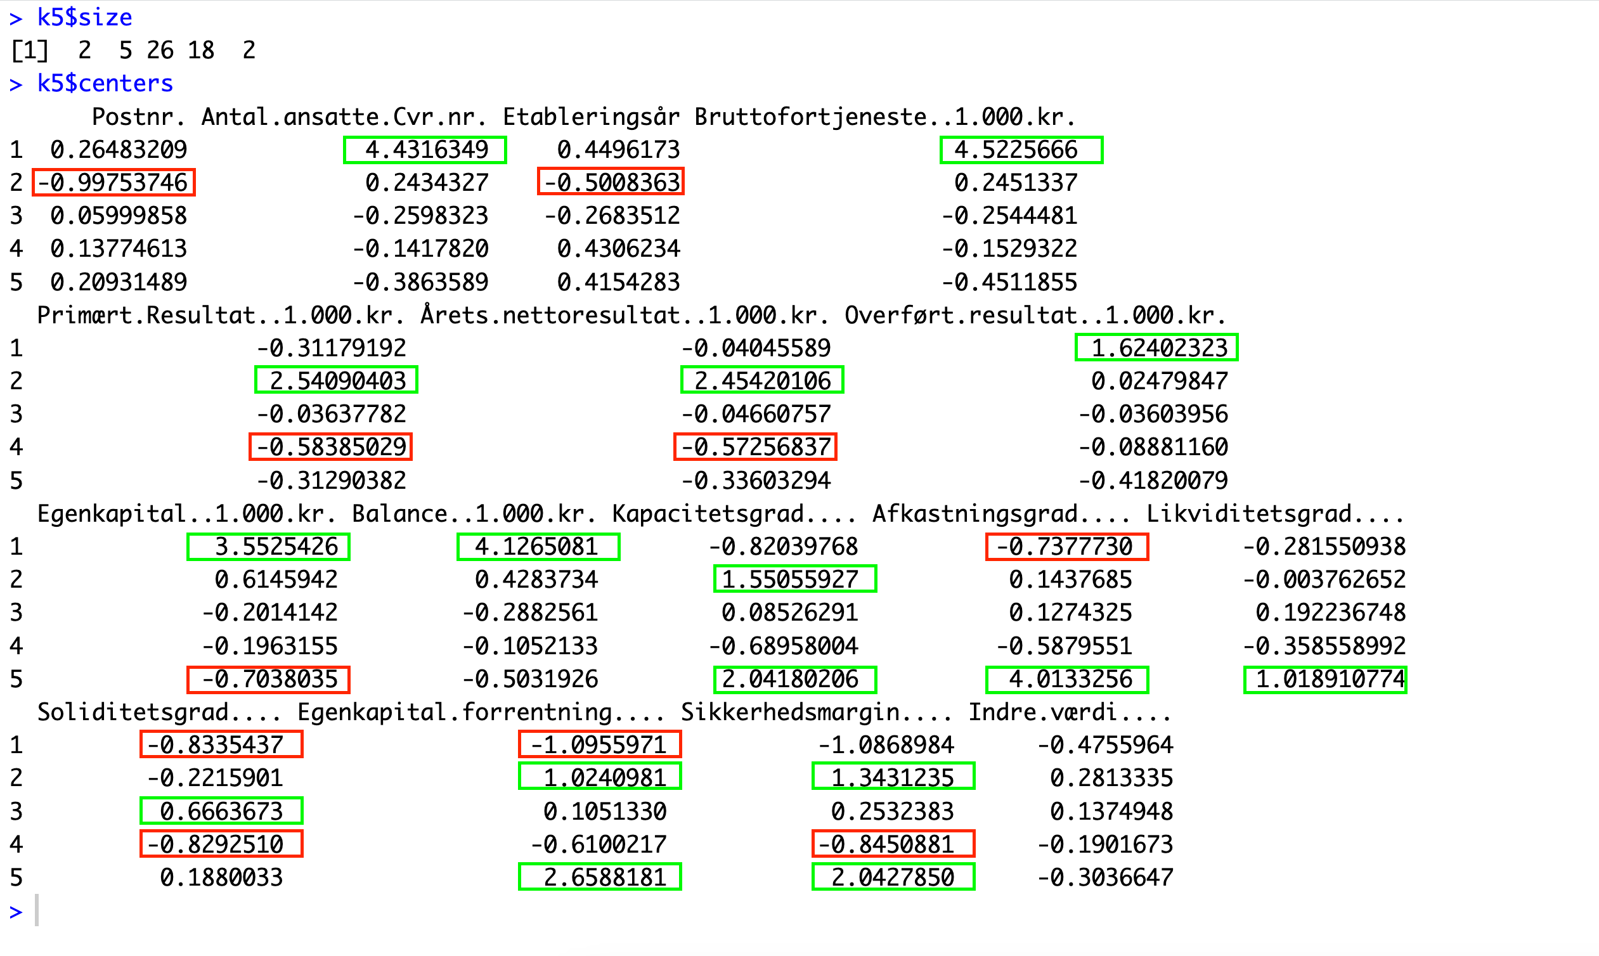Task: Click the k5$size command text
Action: [84, 17]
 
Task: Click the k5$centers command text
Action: [105, 84]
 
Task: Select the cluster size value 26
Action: [160, 50]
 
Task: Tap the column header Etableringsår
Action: [591, 117]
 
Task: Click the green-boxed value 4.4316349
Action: [425, 150]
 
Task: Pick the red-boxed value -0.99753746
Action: [113, 183]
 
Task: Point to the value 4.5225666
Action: [1021, 150]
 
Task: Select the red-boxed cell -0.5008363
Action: [611, 183]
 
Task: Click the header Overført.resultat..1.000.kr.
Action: [1035, 315]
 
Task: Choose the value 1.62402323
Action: [1156, 348]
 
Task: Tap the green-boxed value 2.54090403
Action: [336, 380]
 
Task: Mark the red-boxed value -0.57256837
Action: [755, 447]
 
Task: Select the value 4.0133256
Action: [1067, 680]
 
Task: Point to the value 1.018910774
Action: [1325, 680]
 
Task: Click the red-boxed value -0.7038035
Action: [268, 680]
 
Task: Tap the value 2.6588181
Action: [600, 877]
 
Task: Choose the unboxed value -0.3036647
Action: [1105, 877]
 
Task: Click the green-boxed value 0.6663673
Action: [222, 810]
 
